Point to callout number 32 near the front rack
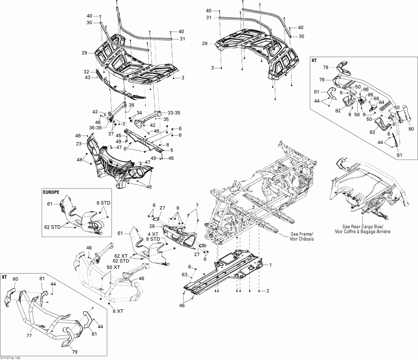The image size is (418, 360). pos(86,72)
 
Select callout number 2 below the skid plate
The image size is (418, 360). pos(268,291)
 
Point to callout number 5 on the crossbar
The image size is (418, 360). pos(171,150)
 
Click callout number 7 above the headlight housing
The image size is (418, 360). pos(196,205)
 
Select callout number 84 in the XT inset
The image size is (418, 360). pos(381,103)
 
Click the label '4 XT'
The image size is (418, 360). pos(153,234)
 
